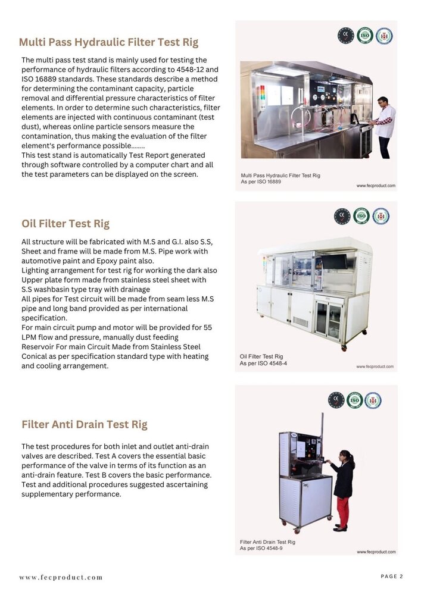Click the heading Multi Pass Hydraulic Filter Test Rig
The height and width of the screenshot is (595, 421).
point(108,42)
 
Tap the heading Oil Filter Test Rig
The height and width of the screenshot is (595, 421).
point(66,224)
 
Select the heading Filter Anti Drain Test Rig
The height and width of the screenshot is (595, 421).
point(84,424)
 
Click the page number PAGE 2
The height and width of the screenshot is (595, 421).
point(392,576)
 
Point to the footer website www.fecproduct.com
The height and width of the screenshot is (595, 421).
point(61,577)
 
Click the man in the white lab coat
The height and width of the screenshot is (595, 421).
point(384,125)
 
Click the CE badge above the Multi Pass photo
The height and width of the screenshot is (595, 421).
point(345,36)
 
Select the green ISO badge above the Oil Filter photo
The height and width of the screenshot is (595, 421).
point(361,215)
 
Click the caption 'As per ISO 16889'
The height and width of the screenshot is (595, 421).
point(261,181)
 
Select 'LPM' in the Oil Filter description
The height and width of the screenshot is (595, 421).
point(30,337)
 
